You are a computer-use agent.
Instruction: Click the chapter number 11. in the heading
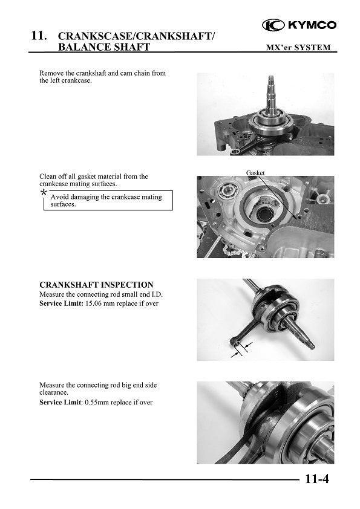[x=39, y=37]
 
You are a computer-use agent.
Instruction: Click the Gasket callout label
[x=255, y=173]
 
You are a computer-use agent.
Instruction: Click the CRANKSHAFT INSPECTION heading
[x=96, y=285]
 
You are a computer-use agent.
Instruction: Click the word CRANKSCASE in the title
[x=99, y=37]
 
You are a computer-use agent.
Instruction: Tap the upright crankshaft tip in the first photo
[x=270, y=82]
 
